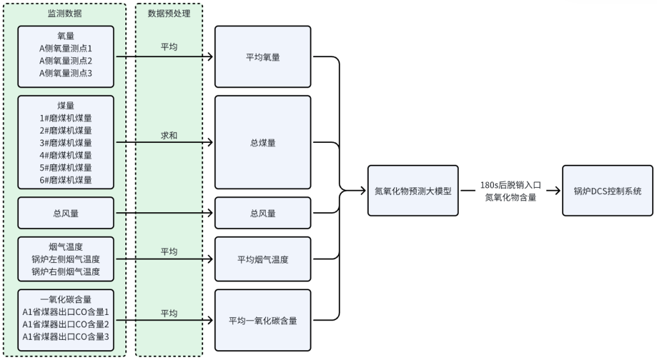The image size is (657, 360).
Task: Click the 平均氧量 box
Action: click(x=262, y=57)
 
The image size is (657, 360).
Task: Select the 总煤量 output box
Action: click(x=262, y=143)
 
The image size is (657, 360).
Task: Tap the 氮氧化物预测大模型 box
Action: click(x=412, y=190)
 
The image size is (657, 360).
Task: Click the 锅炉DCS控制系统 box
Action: click(x=608, y=190)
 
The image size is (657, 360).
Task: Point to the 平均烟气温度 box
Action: click(x=262, y=259)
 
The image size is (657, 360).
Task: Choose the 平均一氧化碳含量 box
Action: click(x=262, y=320)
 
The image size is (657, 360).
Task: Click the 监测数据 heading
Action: click(x=65, y=13)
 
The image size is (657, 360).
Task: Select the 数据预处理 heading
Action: click(x=169, y=13)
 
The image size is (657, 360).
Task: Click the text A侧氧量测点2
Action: click(x=66, y=61)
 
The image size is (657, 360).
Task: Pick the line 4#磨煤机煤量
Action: click(x=66, y=155)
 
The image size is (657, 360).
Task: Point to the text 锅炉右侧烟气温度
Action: click(x=66, y=271)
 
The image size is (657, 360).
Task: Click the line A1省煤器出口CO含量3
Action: click(x=66, y=336)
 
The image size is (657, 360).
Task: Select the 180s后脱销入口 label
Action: click(x=510, y=185)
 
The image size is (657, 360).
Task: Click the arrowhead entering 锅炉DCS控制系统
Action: click(x=557, y=190)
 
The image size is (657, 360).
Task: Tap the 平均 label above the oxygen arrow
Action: click(x=169, y=47)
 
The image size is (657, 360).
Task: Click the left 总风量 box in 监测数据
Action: click(x=66, y=213)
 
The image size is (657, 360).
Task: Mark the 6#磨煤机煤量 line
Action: click(x=66, y=179)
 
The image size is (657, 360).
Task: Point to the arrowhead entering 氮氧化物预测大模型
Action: click(x=363, y=190)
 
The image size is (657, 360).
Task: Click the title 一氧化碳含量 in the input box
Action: click(x=66, y=299)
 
